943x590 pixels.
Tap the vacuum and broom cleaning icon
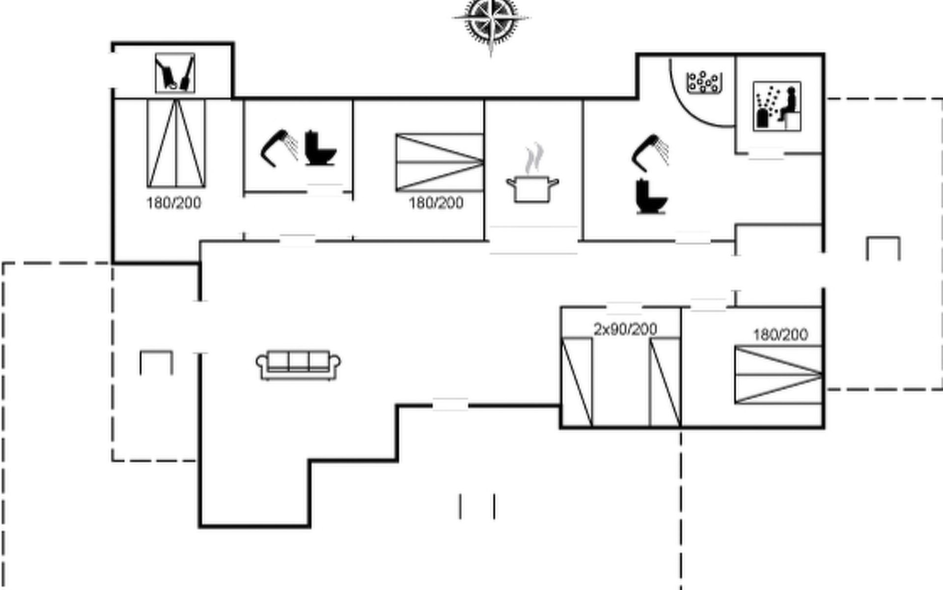pos(175,73)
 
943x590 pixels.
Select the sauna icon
pos(777,106)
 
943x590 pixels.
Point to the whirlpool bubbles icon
pos(704,82)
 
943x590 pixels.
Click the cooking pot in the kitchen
pos(532,189)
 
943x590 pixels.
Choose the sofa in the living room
pos(298,365)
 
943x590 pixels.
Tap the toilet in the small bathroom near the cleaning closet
pos(320,148)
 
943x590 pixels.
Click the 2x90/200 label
pos(625,329)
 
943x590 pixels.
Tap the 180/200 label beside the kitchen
pos(436,203)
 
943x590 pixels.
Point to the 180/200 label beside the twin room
pos(780,335)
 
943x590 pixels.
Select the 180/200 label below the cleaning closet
pos(174,203)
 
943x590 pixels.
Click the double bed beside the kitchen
pos(440,162)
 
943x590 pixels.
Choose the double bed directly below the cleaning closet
pos(176,143)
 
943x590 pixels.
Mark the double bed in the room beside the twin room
pos(778,375)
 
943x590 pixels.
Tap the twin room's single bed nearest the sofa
pos(577,382)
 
